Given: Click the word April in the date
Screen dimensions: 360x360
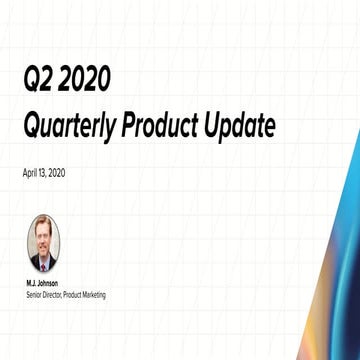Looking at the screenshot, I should point(28,173).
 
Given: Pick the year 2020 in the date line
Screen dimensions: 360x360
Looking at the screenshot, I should point(57,173).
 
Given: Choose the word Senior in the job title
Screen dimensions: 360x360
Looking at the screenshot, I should point(32,295).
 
